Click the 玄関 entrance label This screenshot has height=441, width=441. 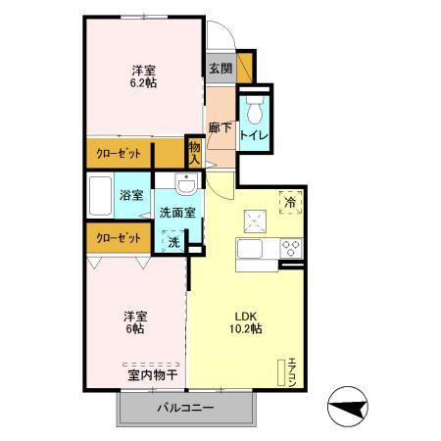click(x=220, y=69)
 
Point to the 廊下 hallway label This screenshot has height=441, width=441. click(x=220, y=127)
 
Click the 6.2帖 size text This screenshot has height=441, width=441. click(x=144, y=83)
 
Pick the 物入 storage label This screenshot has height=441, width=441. click(x=195, y=152)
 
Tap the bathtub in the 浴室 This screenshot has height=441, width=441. click(x=100, y=196)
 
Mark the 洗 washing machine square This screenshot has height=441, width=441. click(x=172, y=241)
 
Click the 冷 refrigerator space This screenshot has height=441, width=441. click(x=290, y=202)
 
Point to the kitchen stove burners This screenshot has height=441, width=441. click(x=290, y=246)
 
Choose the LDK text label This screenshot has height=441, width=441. click(x=245, y=316)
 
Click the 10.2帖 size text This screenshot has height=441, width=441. click(x=246, y=329)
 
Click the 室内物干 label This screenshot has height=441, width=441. click(x=152, y=374)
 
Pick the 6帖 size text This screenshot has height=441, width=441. click(x=134, y=329)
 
